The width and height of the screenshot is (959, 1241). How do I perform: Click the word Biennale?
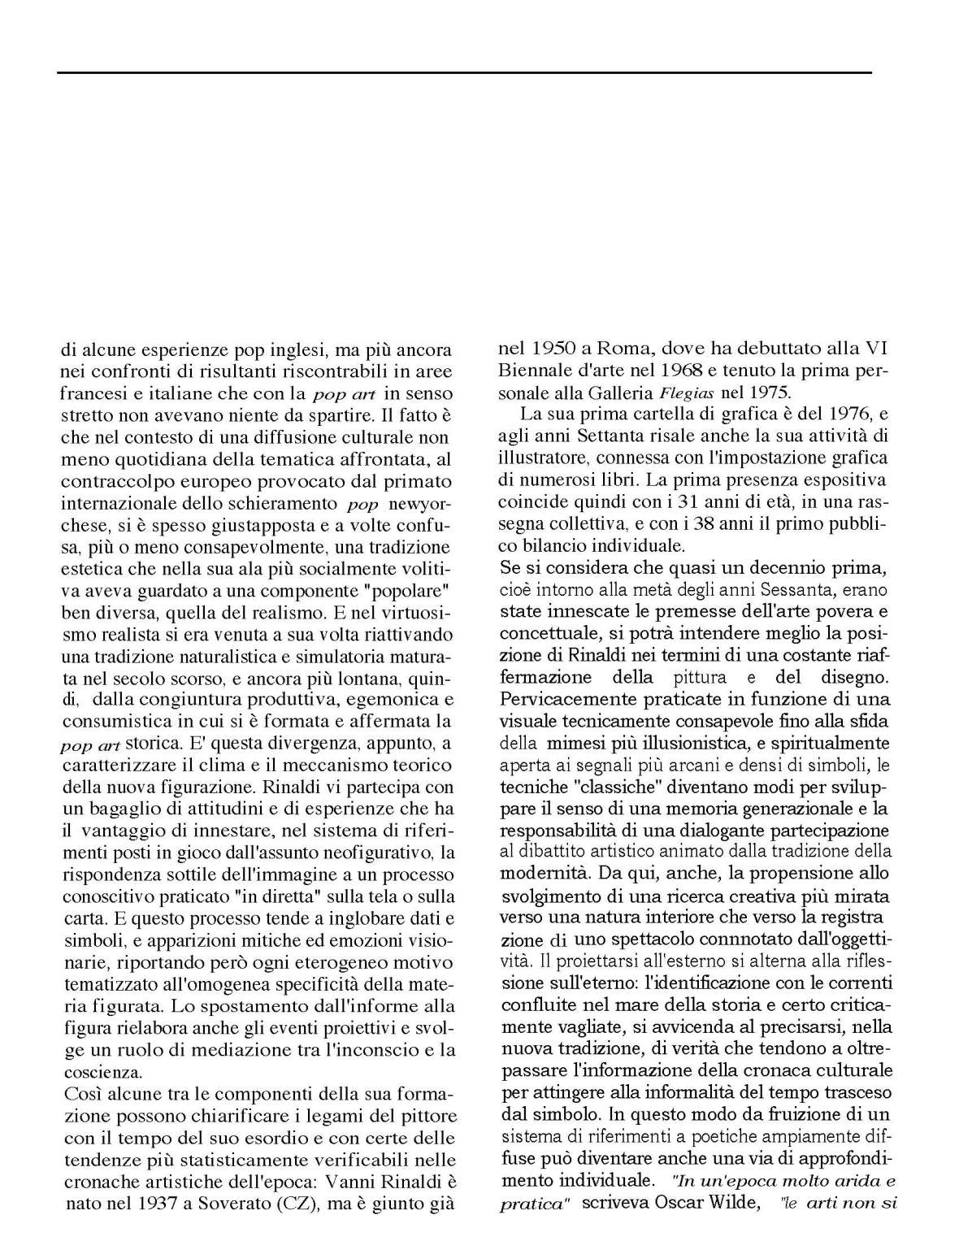[534, 371]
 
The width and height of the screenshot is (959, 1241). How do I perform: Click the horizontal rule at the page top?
[464, 73]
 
